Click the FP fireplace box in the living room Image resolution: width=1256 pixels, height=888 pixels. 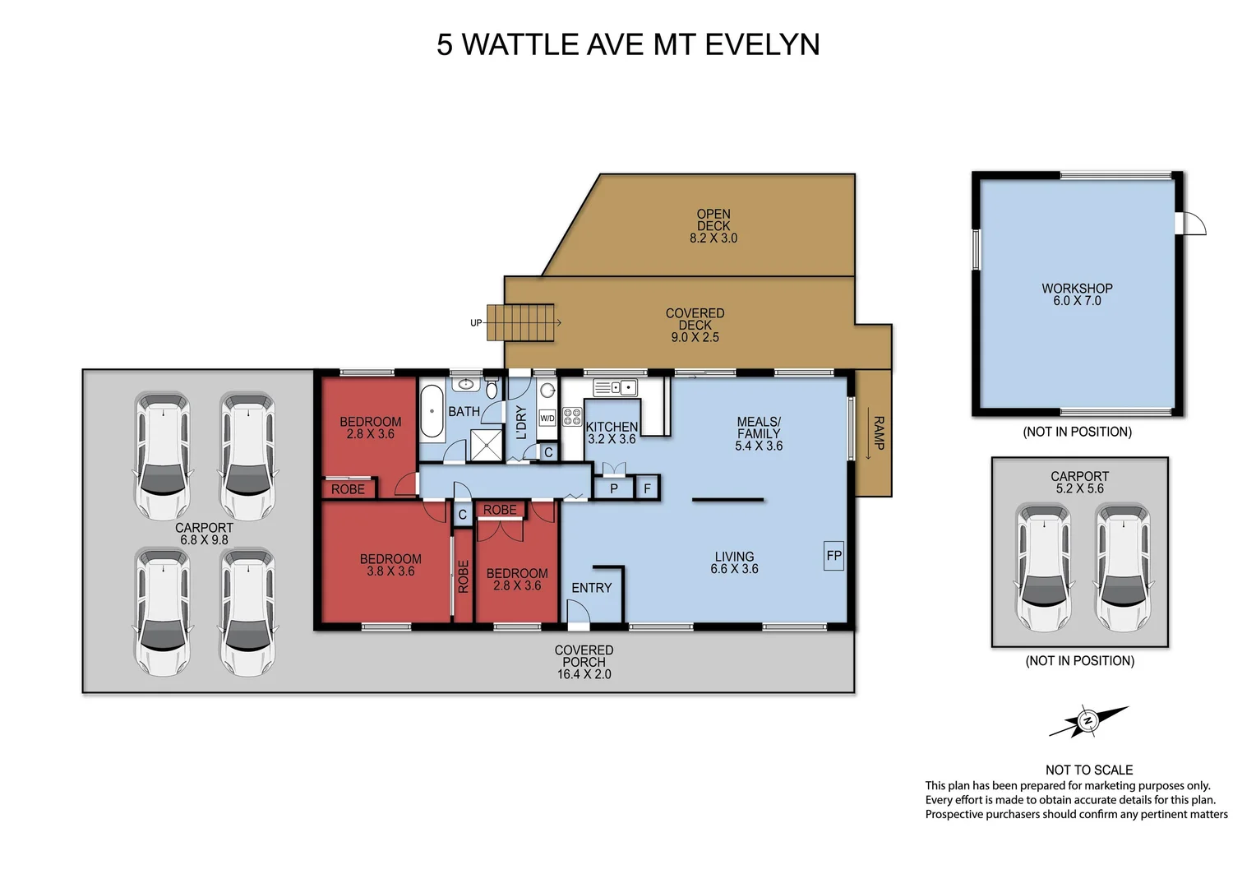point(833,556)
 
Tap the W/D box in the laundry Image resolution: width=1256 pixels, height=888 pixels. point(547,419)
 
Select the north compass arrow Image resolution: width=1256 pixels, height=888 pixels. point(1088,721)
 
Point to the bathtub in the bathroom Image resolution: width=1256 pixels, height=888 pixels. point(432,411)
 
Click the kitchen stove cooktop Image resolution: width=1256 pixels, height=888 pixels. point(572,416)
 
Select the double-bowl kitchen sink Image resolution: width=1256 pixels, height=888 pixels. point(615,386)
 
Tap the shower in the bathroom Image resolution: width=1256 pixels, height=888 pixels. point(485,446)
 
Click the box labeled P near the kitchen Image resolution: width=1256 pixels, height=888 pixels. point(613,488)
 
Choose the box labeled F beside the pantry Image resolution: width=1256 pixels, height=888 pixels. point(647,488)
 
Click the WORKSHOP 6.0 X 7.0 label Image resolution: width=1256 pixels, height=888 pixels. point(1077,294)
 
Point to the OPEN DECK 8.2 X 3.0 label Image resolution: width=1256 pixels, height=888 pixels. point(713,226)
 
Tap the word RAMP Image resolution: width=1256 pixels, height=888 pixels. point(877,433)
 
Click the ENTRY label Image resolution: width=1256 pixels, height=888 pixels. point(591,588)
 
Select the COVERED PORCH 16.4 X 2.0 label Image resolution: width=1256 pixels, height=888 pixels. point(584,662)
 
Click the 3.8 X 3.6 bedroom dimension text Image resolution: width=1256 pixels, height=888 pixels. point(390,571)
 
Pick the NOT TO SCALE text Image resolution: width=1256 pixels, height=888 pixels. point(1088,770)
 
